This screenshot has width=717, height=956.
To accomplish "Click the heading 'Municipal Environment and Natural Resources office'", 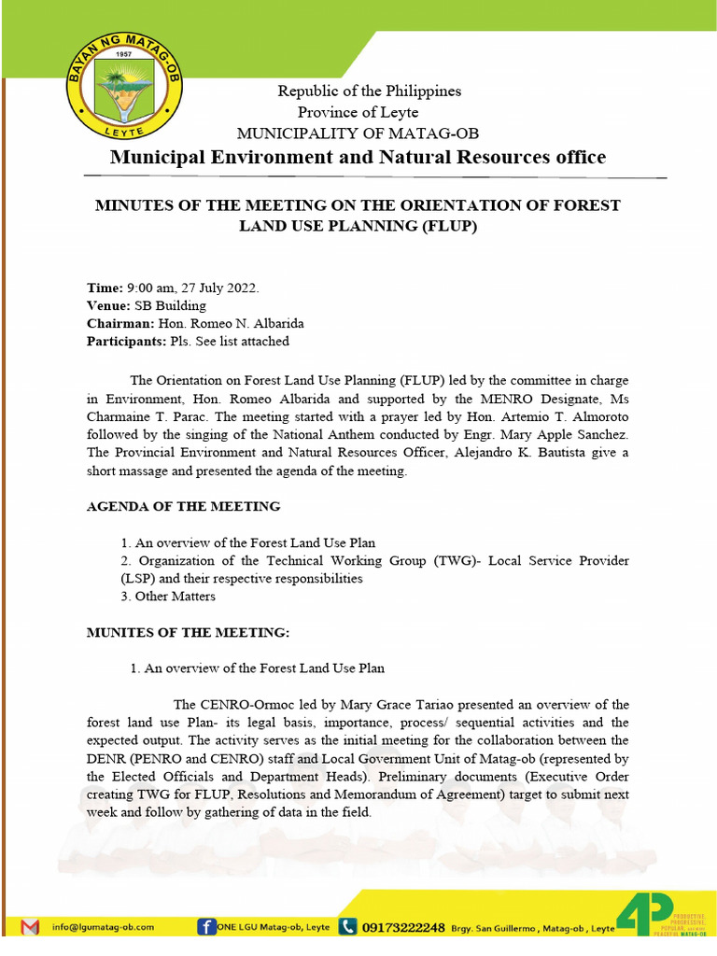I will click(358, 157).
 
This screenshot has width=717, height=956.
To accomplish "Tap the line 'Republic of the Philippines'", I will click(369, 91).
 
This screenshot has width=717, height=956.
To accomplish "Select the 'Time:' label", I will click(105, 287).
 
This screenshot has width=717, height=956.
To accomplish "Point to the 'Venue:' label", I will click(108, 305).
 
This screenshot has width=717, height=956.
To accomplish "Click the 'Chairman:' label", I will click(119, 323).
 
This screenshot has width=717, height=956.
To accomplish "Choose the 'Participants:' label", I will click(126, 341).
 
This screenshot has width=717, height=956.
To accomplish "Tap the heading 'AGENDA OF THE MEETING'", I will click(183, 506).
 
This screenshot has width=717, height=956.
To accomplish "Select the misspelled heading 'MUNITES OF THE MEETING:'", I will click(189, 632).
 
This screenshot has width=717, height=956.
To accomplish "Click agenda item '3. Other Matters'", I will click(168, 596).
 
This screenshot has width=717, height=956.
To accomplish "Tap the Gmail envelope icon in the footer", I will click(30, 926).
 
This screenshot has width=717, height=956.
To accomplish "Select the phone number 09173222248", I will click(403, 927).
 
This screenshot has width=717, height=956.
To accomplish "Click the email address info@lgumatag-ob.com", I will click(103, 927).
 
